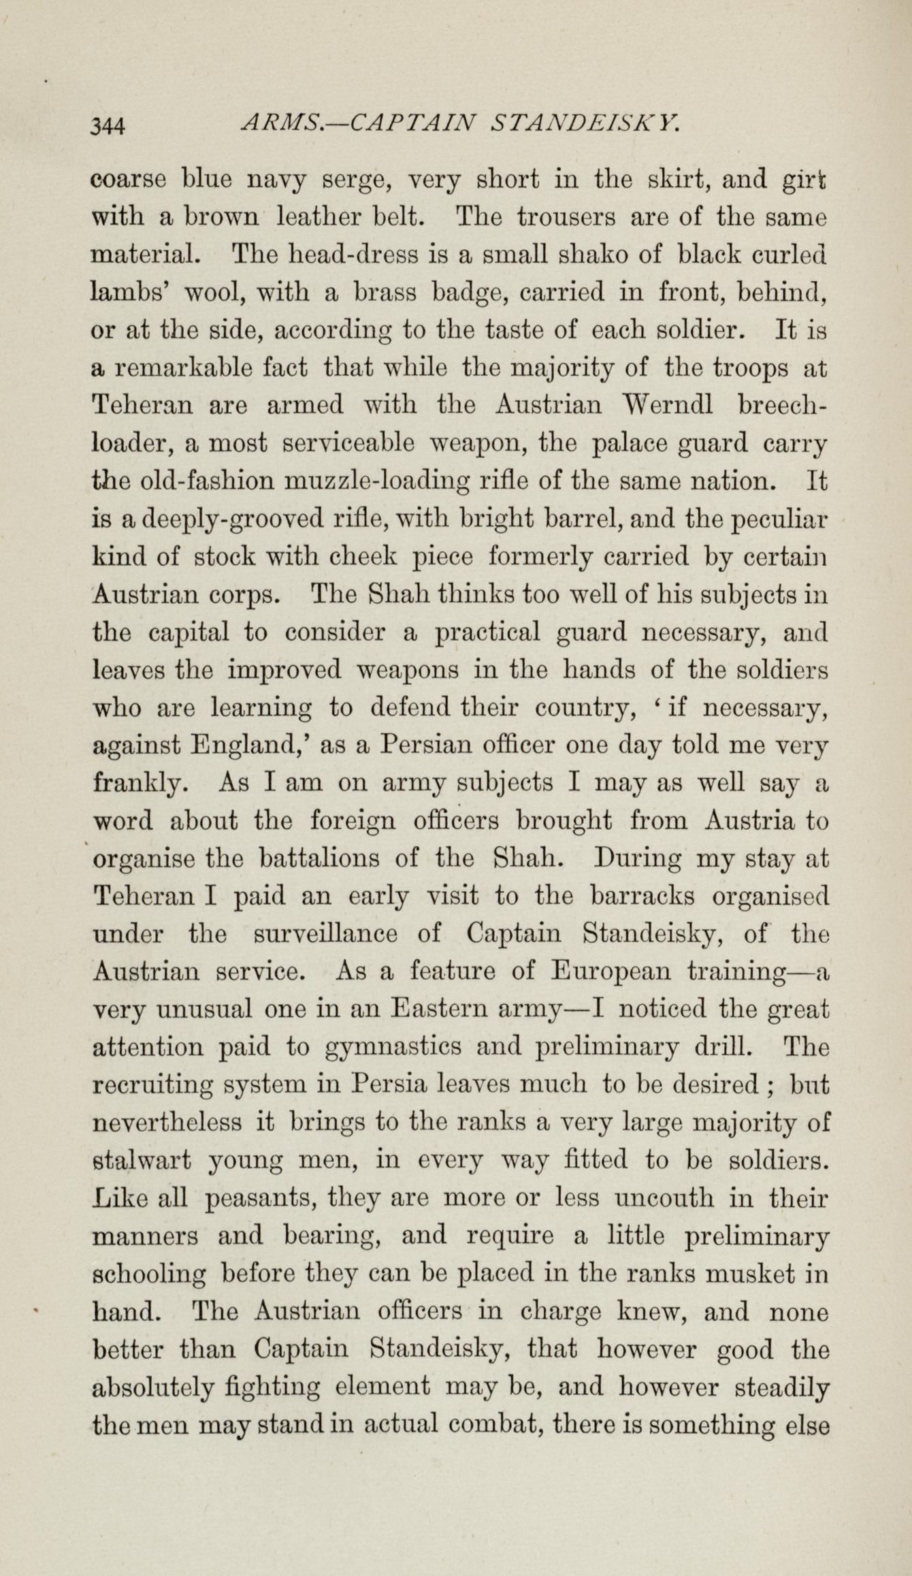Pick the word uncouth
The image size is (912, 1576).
pyautogui.click(x=659, y=1196)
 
